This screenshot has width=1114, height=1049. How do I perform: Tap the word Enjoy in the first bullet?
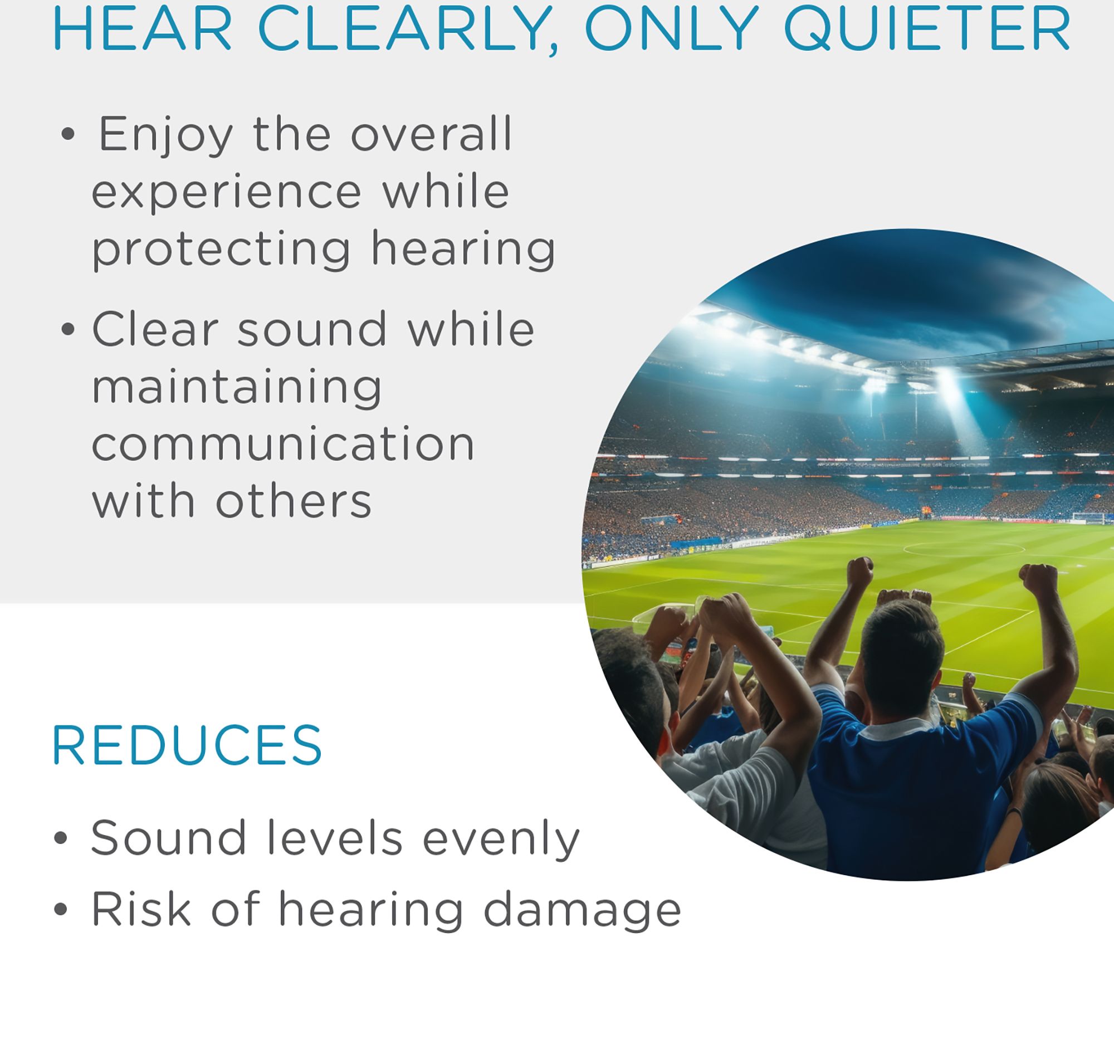[x=165, y=135]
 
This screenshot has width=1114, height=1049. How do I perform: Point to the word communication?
[x=283, y=444]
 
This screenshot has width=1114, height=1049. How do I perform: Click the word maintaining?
[x=237, y=387]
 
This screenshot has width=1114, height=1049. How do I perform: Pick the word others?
[x=294, y=501]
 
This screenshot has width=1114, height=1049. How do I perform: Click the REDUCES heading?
[x=187, y=745]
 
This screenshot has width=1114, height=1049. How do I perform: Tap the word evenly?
[x=501, y=838]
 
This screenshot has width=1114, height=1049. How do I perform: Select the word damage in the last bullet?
[x=582, y=910]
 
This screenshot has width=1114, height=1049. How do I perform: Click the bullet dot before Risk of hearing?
[x=61, y=910]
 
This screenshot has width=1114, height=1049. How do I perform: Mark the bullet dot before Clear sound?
[x=68, y=330]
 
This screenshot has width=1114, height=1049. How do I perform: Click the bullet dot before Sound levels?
[x=61, y=838]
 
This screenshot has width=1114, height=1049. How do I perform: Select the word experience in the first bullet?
[x=226, y=193]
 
